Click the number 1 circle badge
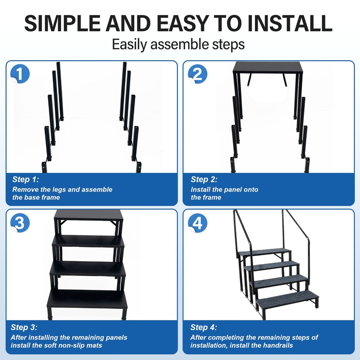20,75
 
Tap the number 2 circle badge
198,75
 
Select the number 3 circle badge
20,223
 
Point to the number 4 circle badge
198,223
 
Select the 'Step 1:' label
26,179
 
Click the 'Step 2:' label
204,179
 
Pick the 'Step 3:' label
24,327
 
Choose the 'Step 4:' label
203,327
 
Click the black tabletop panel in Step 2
268,67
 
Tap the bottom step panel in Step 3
87,299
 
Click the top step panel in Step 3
89,215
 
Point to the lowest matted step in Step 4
288,297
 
